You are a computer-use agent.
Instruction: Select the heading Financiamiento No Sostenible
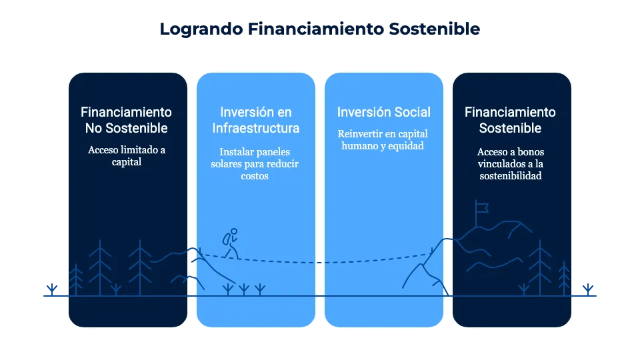point(127,120)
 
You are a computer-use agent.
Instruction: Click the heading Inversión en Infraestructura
point(256,120)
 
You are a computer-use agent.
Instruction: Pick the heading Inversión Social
point(384,112)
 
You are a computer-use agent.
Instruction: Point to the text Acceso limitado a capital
point(127,156)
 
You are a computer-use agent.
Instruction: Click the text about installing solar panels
point(256,164)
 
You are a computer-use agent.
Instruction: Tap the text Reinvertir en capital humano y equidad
point(384,139)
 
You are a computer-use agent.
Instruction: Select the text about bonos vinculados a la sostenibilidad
point(511,164)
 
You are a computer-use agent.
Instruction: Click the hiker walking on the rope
point(230,244)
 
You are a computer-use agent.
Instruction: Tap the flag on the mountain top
point(481,208)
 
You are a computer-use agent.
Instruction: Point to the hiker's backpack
point(227,239)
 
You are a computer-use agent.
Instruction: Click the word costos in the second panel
point(256,177)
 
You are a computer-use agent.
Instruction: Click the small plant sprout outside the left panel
point(51,289)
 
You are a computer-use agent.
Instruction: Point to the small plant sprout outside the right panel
point(587,289)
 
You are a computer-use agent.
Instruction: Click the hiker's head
point(234,232)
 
